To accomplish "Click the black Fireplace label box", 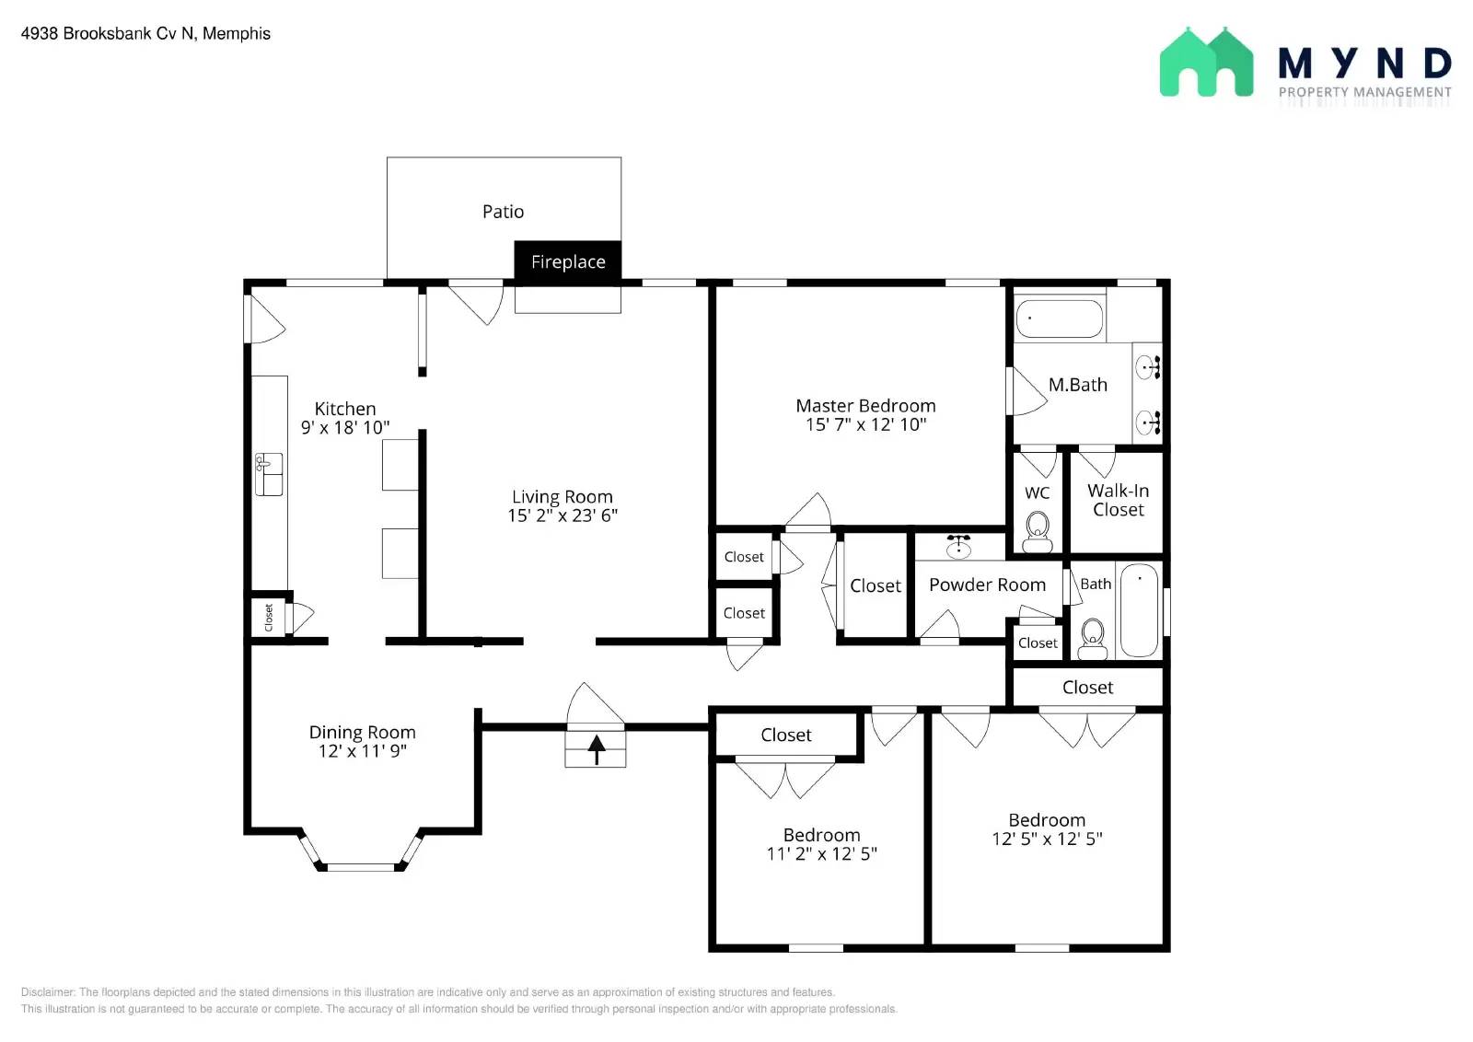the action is click(x=567, y=261).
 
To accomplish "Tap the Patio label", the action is click(x=503, y=212).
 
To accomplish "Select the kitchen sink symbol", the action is click(x=269, y=473).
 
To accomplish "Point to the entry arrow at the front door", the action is click(x=597, y=749).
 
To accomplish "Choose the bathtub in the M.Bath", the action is click(x=1060, y=318).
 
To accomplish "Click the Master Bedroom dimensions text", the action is click(x=866, y=424).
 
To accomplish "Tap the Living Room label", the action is click(x=563, y=496).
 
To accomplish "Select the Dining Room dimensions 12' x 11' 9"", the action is click(x=363, y=751).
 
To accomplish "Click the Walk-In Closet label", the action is click(x=1118, y=500).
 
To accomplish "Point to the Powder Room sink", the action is click(x=958, y=546).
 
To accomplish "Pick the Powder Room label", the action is click(x=987, y=585).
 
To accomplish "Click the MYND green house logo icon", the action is click(x=1207, y=62).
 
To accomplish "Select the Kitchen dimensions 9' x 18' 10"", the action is click(x=345, y=427).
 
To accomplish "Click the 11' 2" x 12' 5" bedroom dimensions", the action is click(x=821, y=853).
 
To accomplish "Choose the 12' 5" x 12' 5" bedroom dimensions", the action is click(x=1047, y=839).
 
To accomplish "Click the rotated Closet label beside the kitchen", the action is click(x=268, y=618).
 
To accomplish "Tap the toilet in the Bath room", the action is click(x=1092, y=639).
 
